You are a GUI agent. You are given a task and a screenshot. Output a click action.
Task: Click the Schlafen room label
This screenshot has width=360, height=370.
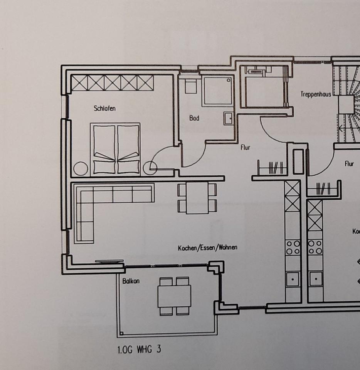pyautogui.click(x=104, y=108)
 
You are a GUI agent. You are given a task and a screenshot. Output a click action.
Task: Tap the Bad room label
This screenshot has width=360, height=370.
pyautogui.click(x=194, y=118)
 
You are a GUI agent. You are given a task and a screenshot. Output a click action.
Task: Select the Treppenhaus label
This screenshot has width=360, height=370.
pyautogui.click(x=316, y=94)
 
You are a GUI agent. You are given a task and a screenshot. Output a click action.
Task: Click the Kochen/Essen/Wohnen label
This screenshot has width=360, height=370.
pyautogui.click(x=207, y=248)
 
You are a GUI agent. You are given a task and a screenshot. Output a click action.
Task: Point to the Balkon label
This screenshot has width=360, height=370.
pyautogui.click(x=131, y=281)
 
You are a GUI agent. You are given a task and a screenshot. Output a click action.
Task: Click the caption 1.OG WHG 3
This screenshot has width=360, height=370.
pyautogui.click(x=139, y=350)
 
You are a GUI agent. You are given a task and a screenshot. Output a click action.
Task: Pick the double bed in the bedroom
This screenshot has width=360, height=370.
pyautogui.click(x=116, y=148)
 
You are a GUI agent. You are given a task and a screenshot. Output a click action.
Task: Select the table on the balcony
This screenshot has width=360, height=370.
pyautogui.click(x=174, y=296)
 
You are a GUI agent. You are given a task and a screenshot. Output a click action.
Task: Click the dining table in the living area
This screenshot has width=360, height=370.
pyautogui.click(x=197, y=198)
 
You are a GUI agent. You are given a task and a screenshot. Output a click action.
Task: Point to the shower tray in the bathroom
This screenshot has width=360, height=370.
pyautogui.click(x=218, y=91)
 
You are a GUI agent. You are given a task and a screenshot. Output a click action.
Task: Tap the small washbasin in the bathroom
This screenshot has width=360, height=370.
pyautogui.click(x=229, y=118)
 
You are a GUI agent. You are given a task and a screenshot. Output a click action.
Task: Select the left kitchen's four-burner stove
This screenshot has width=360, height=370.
pyautogui.click(x=293, y=247)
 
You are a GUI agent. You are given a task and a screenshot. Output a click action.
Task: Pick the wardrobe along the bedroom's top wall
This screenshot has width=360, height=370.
pyautogui.click(x=112, y=83)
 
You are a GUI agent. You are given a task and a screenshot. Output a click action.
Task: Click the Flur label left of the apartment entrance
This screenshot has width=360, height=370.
pyautogui.click(x=246, y=147)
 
